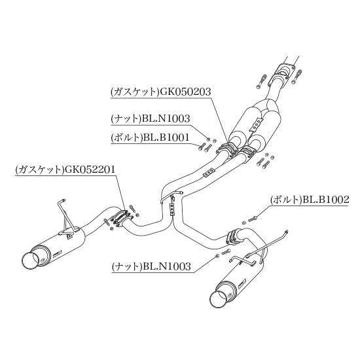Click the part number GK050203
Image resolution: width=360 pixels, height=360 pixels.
point(185,92)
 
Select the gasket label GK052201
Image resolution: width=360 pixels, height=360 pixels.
point(90,170)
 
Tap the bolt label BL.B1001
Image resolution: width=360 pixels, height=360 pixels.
point(166,137)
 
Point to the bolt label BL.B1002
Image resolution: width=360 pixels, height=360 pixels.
point(325,200)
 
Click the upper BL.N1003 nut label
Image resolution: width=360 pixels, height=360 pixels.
point(166,118)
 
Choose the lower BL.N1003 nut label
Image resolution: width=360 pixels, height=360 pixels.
point(167,266)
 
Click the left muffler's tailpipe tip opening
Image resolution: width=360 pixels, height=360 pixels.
point(30,261)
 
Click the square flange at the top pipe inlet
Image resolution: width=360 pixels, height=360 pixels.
point(284,71)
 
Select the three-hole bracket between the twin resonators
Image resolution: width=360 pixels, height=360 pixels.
point(257,124)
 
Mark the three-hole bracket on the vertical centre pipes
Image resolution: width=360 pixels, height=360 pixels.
point(171,209)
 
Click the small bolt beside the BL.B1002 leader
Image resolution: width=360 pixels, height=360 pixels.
point(252,219)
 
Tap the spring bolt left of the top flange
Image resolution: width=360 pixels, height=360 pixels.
point(262,81)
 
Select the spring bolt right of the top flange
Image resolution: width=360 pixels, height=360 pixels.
point(297,77)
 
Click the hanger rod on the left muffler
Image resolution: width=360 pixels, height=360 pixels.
point(66,216)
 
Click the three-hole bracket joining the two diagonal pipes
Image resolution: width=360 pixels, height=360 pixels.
point(208,172)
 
